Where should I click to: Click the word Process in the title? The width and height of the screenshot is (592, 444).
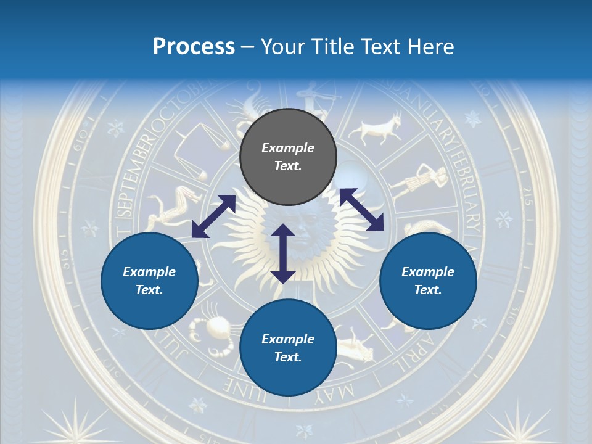[194, 47]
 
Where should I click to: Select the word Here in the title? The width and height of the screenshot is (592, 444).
[430, 47]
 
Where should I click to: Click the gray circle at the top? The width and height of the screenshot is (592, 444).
[288, 157]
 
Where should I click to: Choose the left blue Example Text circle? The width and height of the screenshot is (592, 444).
[149, 281]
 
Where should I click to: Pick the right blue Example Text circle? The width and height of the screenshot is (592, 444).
[428, 281]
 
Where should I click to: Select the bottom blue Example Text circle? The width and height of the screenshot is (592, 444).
[288, 348]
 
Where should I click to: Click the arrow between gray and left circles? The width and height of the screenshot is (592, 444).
[213, 216]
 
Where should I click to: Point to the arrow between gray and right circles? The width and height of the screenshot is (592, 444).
[361, 210]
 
